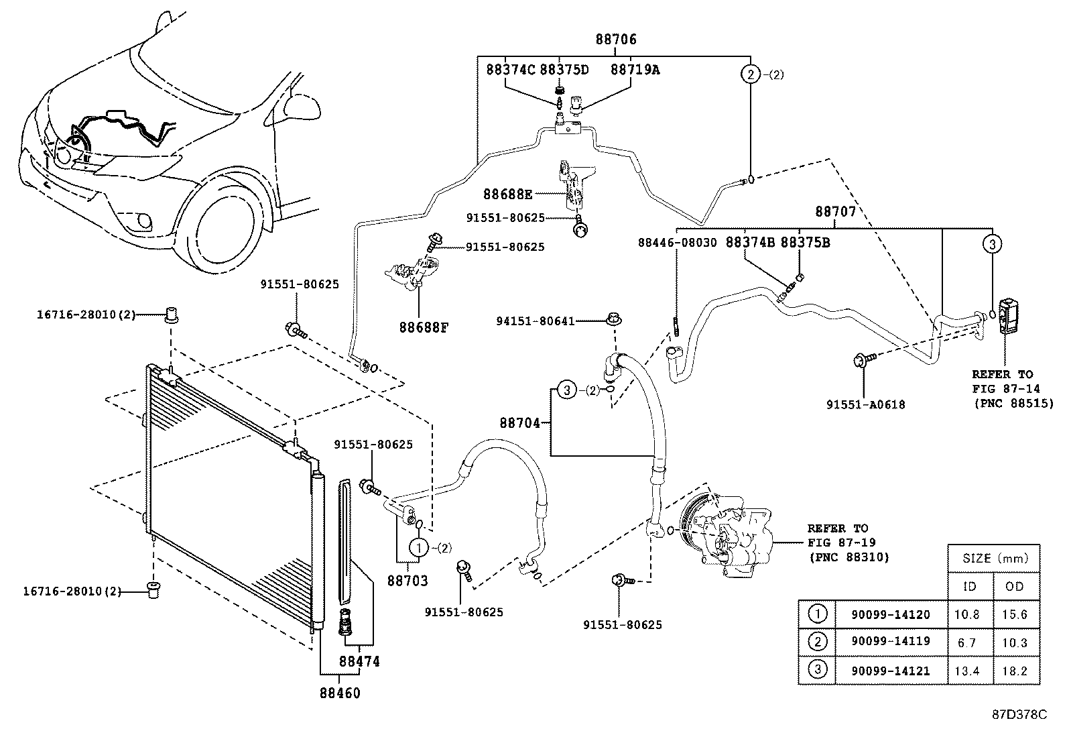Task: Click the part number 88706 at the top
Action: [x=616, y=39]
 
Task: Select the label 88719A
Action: [x=635, y=70]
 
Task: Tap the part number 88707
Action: [x=836, y=211]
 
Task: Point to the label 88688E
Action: [x=508, y=194]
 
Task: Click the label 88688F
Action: [x=424, y=327]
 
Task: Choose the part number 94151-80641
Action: [x=536, y=321]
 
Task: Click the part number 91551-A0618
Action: [x=865, y=405]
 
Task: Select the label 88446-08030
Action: [x=678, y=243]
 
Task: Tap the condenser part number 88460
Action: [x=340, y=693]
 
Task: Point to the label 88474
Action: [x=359, y=661]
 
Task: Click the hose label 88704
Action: [x=519, y=423]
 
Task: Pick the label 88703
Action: [x=407, y=581]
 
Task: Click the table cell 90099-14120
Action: [x=891, y=614]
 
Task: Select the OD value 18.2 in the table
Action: [x=1015, y=671]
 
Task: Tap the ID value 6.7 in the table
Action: [x=967, y=643]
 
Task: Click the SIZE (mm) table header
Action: [x=995, y=558]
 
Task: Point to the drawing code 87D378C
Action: [x=1019, y=715]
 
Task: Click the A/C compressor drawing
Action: [x=727, y=533]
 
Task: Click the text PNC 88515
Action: [x=1013, y=403]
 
